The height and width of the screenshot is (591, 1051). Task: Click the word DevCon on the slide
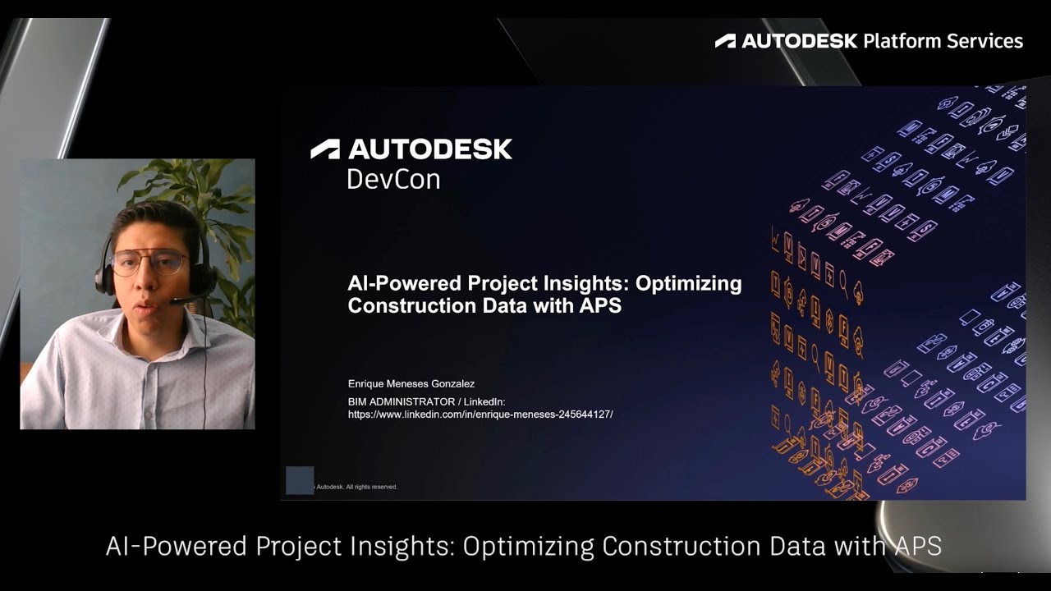[393, 179]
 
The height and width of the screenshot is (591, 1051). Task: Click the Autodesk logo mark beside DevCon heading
[325, 149]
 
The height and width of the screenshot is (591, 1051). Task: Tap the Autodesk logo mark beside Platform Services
[725, 41]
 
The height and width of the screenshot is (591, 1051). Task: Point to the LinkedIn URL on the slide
[480, 415]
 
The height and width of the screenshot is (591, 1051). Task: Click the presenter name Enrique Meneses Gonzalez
[411, 383]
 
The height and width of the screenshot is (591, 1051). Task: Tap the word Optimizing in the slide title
[689, 284]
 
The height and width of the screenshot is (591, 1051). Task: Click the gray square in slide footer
[300, 480]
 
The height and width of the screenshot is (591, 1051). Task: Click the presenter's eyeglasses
[149, 263]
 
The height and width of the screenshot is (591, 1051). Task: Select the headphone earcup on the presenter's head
[105, 277]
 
